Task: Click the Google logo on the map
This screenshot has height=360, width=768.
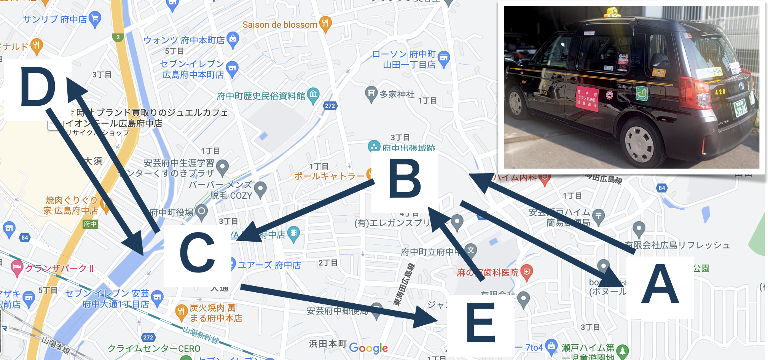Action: click(x=368, y=348)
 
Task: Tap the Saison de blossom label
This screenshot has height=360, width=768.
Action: click(x=280, y=25)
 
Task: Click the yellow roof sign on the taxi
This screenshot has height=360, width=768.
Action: click(x=612, y=12)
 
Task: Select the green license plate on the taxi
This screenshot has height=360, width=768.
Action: click(x=741, y=108)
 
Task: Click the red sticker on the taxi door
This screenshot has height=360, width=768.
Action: click(x=587, y=99)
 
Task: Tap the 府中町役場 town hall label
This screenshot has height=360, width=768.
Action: click(x=172, y=212)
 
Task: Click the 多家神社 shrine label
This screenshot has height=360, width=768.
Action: click(x=397, y=94)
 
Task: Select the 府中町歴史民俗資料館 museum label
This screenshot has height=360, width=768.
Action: click(x=261, y=96)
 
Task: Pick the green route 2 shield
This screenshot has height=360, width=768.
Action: click(x=118, y=37)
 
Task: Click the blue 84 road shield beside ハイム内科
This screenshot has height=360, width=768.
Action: click(x=662, y=188)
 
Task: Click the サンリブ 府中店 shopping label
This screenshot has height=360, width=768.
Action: click(x=55, y=19)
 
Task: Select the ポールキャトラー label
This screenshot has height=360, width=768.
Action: click(x=329, y=176)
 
